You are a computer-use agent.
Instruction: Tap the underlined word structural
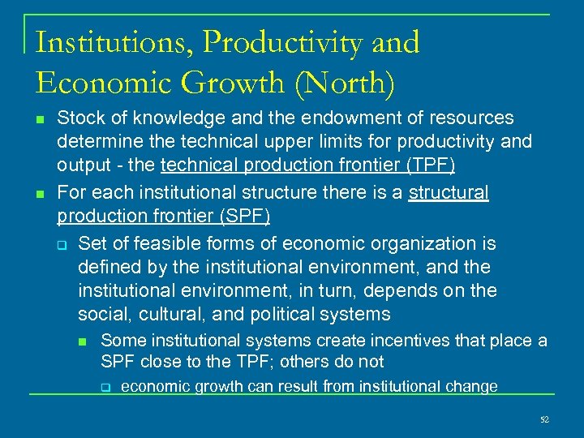pos(449,193)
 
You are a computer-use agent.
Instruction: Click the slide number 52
pos(544,419)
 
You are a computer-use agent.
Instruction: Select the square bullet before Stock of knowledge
pos(41,119)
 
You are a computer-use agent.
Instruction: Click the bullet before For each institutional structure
pos(41,194)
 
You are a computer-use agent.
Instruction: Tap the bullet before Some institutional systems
pos(84,341)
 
